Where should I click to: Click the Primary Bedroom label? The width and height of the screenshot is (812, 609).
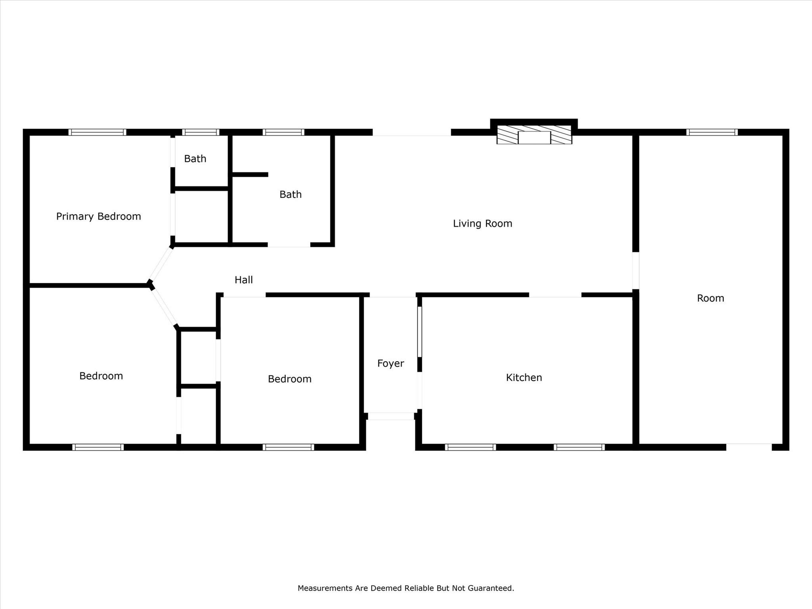(x=98, y=216)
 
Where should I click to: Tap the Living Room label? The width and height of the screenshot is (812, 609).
(x=483, y=224)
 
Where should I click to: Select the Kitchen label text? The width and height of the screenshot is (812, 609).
(x=524, y=377)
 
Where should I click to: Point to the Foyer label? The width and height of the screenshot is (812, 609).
(x=391, y=364)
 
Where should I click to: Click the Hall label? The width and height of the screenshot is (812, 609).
(x=243, y=280)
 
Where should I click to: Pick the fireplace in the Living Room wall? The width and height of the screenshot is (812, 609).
(x=534, y=135)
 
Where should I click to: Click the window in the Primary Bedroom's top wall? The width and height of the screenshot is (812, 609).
(x=97, y=132)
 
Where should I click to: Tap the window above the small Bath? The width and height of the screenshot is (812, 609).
(x=201, y=132)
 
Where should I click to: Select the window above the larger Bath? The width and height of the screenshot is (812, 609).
(x=283, y=132)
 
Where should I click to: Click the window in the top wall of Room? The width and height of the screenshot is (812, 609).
(x=712, y=132)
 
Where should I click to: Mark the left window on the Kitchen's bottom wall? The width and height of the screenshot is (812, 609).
(x=470, y=447)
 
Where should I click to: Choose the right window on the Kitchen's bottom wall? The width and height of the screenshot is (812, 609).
(x=579, y=447)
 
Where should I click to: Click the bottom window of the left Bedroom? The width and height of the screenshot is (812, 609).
(x=98, y=447)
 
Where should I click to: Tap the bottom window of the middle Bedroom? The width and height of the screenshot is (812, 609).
(x=288, y=447)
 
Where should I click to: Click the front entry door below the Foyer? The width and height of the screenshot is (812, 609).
(x=391, y=416)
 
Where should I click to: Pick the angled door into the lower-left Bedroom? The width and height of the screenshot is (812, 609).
(x=164, y=307)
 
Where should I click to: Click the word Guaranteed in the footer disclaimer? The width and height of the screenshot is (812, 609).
(x=490, y=588)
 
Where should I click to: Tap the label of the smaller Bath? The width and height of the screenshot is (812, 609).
(x=195, y=159)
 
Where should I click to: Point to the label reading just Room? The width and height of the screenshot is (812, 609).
(x=710, y=298)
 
